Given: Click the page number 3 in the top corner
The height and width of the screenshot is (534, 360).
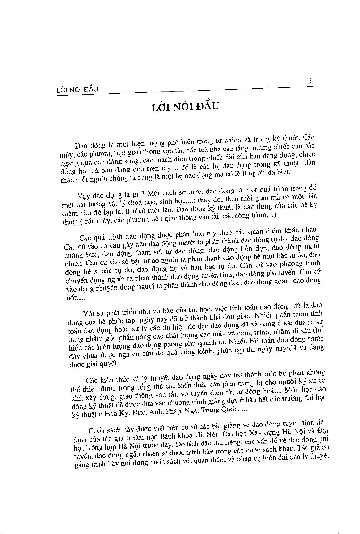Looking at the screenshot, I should pos(309,81).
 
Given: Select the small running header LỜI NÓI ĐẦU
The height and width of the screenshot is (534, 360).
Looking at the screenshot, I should pos(77,90).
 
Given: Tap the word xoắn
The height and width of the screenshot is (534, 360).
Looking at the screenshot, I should pos(283,282).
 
